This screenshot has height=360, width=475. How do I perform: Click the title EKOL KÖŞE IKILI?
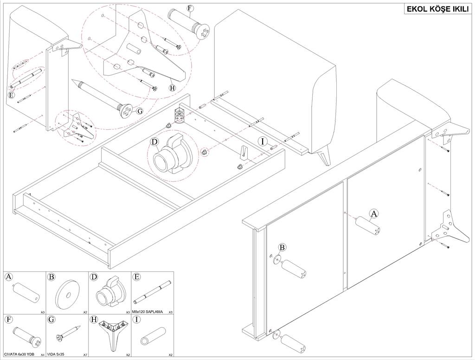437,9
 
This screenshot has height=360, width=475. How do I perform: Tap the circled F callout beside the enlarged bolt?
190,8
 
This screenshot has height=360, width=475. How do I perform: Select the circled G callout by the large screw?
140,111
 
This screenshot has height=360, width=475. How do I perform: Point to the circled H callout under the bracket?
173,88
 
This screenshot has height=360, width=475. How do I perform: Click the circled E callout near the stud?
11,95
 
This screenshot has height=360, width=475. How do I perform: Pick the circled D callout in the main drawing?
154,141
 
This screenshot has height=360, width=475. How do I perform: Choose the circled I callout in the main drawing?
263,141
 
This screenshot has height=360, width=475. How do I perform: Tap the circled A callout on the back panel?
374,214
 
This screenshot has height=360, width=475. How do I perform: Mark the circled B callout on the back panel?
282,248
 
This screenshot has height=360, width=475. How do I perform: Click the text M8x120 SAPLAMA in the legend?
148,311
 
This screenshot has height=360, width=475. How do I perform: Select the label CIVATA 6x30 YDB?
19,354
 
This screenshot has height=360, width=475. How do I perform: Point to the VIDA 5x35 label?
56,354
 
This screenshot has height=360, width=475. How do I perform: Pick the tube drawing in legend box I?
153,336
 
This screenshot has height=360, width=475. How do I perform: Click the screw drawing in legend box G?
69,333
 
